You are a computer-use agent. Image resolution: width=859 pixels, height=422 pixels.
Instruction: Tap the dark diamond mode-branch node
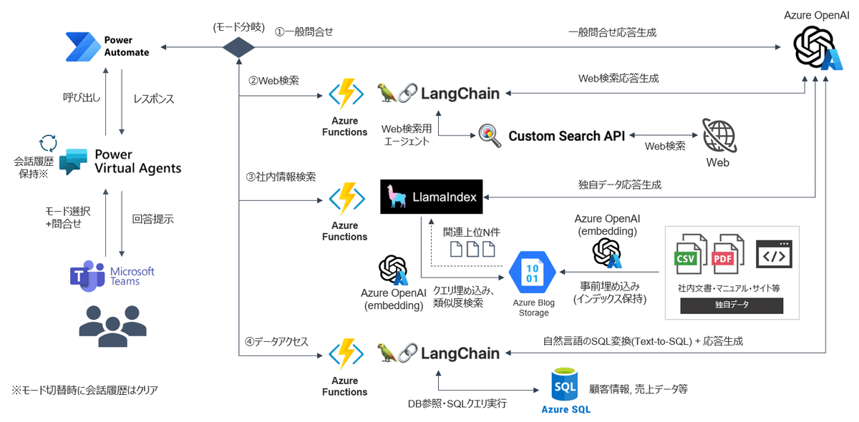[x=238, y=48]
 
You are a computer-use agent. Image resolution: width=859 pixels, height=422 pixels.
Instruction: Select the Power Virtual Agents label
[x=137, y=162]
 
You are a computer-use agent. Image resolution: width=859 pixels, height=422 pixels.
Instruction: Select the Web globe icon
[x=718, y=135]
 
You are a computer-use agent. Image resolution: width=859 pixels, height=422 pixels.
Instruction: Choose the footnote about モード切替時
[x=84, y=390]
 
